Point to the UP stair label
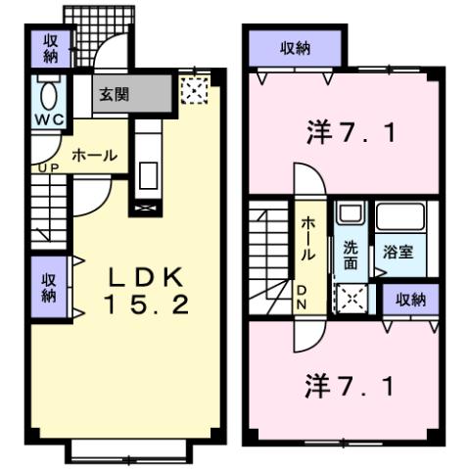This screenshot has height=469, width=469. [44, 167]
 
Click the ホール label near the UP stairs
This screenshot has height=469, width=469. [95, 156]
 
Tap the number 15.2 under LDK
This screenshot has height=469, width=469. [147, 305]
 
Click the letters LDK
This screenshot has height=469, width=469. [147, 275]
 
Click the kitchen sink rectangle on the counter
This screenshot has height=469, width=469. [148, 174]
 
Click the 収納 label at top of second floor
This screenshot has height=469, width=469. [295, 50]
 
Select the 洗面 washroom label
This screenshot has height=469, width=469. [350, 256]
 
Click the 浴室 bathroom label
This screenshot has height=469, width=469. [398, 252]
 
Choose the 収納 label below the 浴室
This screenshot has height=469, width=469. [411, 301]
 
